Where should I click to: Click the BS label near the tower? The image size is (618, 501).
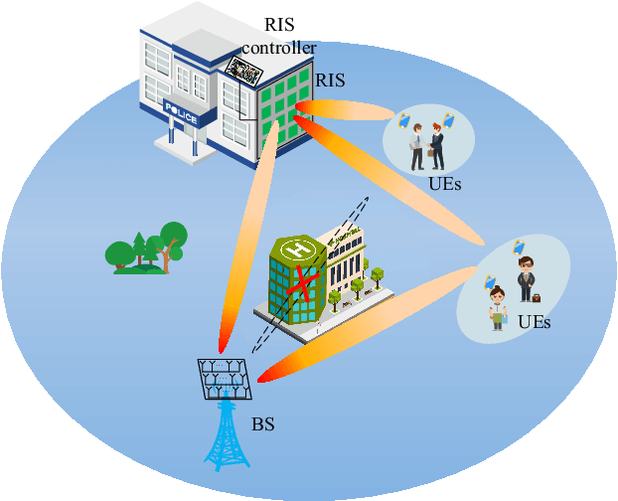click(x=262, y=425)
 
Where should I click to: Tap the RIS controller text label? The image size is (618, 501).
click(x=279, y=39)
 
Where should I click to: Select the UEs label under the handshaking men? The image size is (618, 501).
click(x=445, y=184)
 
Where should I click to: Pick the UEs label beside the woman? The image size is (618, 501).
click(x=534, y=322)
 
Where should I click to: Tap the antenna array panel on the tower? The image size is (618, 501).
click(x=225, y=376)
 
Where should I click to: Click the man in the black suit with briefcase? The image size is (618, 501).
click(x=525, y=278)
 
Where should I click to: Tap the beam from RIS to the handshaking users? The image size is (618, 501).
click(x=348, y=109)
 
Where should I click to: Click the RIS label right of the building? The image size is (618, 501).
click(x=330, y=80)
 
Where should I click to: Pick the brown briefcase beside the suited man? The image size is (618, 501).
click(x=536, y=297)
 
